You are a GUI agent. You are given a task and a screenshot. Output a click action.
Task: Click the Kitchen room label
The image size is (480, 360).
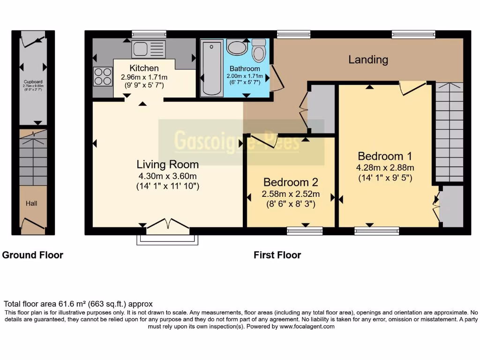144,68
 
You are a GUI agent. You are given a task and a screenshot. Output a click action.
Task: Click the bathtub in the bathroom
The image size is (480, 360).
211,68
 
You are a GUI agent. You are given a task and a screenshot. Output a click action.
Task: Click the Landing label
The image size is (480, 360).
368,60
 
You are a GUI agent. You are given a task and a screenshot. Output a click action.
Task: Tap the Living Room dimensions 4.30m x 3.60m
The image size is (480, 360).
167,176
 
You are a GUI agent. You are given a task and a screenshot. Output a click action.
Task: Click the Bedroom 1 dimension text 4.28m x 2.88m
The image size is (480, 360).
385,167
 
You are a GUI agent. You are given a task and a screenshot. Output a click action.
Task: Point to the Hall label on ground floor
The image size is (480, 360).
31,203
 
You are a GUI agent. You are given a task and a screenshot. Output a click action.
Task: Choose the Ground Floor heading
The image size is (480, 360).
33,255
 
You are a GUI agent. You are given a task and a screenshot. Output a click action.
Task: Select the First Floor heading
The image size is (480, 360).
277,255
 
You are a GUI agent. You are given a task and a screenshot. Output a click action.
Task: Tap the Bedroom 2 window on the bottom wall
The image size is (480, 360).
305,230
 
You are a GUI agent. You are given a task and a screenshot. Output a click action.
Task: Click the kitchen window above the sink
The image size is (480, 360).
149,34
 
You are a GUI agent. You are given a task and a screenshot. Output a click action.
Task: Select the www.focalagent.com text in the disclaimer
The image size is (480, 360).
307,327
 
